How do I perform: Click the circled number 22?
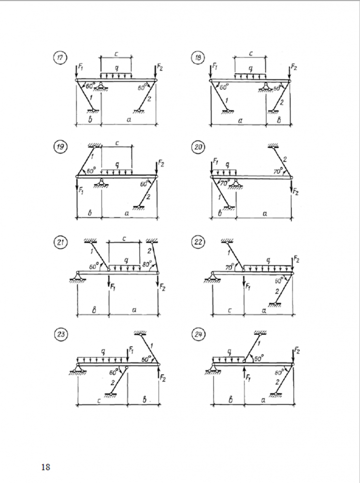(x=197, y=242)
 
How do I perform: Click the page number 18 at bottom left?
(x=46, y=467)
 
